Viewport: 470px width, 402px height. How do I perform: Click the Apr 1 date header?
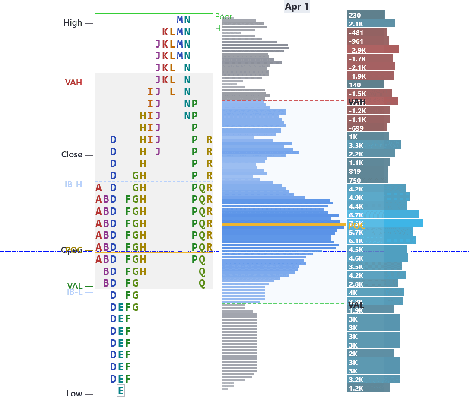tap(297, 6)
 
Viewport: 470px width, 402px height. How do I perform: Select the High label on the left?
tap(73, 23)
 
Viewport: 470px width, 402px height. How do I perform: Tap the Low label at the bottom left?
tap(74, 394)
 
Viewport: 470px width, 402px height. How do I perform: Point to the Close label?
tap(71, 155)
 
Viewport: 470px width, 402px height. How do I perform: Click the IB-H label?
tap(73, 185)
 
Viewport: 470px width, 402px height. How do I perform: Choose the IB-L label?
tap(74, 292)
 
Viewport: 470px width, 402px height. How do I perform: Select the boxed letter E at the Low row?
tap(121, 391)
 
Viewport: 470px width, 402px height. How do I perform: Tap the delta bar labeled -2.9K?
tap(373, 49)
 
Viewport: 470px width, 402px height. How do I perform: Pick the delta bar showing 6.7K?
tap(383, 214)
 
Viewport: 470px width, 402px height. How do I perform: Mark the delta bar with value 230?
tap(366, 15)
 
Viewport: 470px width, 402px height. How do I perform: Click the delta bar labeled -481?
tap(367, 32)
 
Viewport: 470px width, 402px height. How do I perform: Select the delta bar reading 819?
tap(368, 171)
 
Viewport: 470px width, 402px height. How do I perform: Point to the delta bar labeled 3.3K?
tap(374, 145)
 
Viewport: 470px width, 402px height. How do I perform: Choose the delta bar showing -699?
tap(367, 128)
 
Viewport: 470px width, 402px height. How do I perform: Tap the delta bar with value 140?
tap(365, 84)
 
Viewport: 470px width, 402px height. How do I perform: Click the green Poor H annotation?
tap(223, 22)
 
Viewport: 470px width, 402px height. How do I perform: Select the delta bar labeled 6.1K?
tap(381, 240)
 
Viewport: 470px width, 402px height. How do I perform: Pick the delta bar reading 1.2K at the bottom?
tap(368, 388)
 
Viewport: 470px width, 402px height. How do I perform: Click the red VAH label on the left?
tap(73, 83)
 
